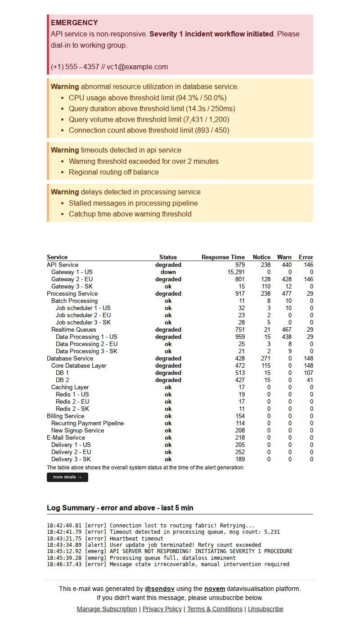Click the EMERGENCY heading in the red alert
(74, 23)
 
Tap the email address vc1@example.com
(137, 67)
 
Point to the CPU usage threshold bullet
(148, 98)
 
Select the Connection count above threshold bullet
(149, 131)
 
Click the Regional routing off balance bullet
(114, 172)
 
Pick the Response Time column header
(223, 257)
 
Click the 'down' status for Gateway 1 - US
(168, 272)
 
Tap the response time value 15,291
(236, 272)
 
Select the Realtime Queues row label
(73, 329)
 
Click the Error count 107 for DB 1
(308, 373)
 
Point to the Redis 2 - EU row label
(72, 401)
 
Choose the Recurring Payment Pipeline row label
(87, 423)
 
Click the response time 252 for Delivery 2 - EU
(240, 452)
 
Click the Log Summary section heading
(120, 508)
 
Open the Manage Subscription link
(107, 609)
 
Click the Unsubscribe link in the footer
(265, 609)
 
